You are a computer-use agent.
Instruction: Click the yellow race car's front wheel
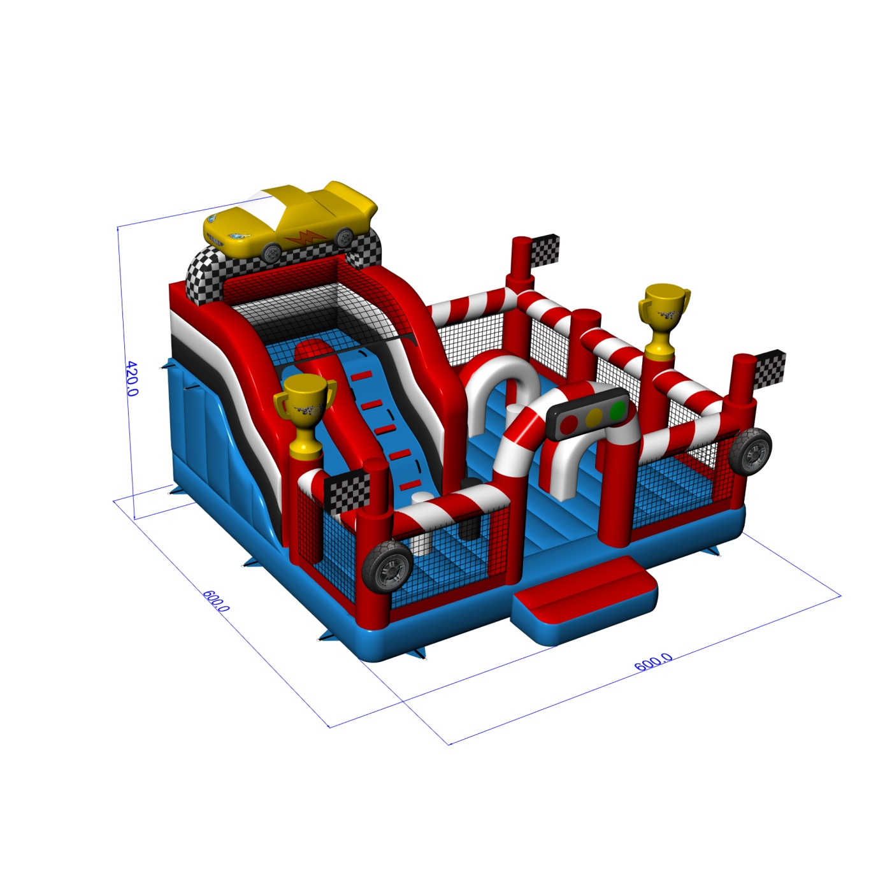[x=271, y=252]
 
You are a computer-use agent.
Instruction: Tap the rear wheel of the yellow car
[x=343, y=237]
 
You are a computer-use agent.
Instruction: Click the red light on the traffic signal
[x=570, y=423]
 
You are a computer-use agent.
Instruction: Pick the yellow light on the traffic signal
[x=594, y=417]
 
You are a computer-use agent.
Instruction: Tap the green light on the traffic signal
[x=617, y=410]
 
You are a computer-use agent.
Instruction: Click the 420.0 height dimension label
[x=132, y=378]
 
